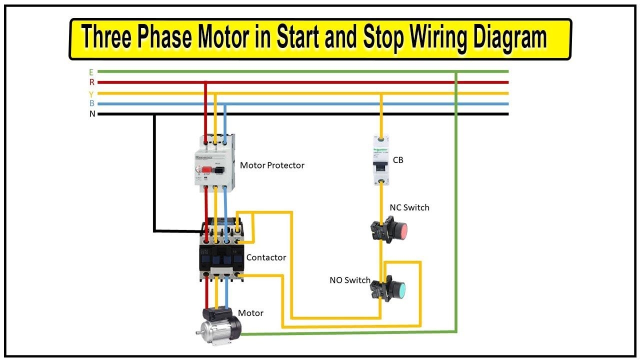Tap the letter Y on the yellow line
point(91,94)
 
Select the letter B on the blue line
point(91,104)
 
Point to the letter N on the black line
point(92,114)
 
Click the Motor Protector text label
point(272,165)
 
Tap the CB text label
point(398,160)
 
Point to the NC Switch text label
point(409,207)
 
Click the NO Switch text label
point(349,280)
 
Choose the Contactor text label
point(266,257)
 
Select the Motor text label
point(250,313)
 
